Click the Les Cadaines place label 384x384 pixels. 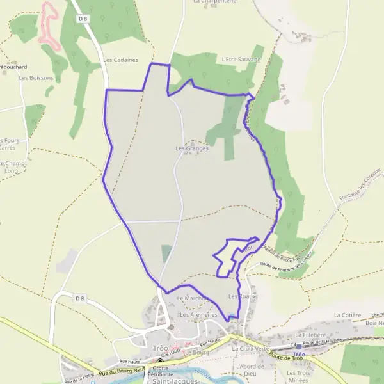pos(121,60)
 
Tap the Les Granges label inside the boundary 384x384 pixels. pos(193,148)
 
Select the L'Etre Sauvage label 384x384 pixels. pos(241,59)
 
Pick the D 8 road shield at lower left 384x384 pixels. pos(79,298)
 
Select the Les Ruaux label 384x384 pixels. pos(241,297)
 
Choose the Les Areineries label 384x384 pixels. pos(199,315)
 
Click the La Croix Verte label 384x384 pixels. pos(251,348)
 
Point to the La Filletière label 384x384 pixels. pos(311,335)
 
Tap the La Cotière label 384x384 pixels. pos(348,316)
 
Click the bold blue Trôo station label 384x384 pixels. pos(299,354)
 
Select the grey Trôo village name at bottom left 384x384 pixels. pos(160,348)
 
